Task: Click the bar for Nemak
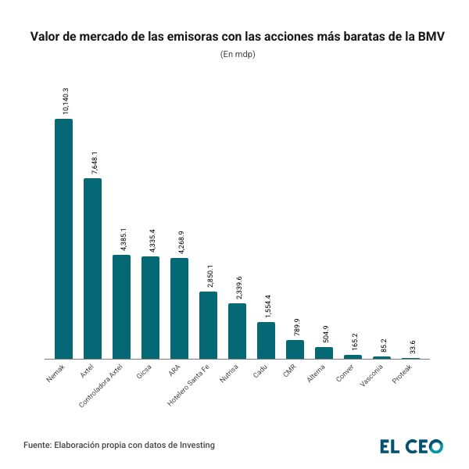[x=63, y=238]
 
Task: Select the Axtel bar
[x=92, y=268]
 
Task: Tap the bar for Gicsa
[x=150, y=307]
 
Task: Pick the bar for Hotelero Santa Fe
[x=208, y=325]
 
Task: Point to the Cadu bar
[x=266, y=340]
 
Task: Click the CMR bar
[x=295, y=349]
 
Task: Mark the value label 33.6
[x=414, y=346]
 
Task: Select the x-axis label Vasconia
[x=371, y=377]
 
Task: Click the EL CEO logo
[x=411, y=446]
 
